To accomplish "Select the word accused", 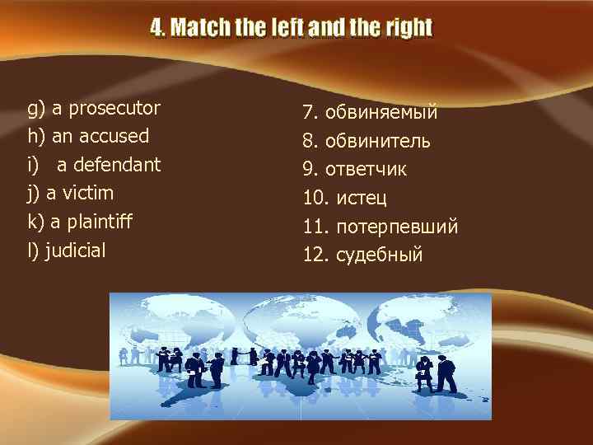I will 115,136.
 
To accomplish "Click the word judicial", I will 75,251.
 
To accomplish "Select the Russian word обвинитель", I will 378,141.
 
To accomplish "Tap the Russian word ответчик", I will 366,170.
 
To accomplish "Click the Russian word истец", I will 362,199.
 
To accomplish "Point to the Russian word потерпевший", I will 397,227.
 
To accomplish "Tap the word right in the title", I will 407,28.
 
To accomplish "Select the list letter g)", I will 36,108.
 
